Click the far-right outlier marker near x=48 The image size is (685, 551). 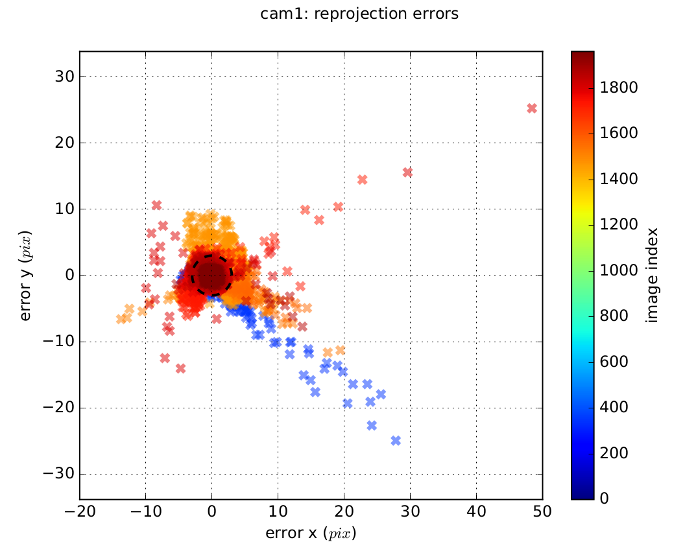[x=532, y=108]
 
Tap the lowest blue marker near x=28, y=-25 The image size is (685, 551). [x=396, y=441]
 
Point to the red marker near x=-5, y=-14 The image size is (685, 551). [x=180, y=368]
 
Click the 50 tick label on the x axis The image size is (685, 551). [x=542, y=511]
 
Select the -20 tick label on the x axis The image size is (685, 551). [x=77, y=511]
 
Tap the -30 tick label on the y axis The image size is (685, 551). [x=56, y=474]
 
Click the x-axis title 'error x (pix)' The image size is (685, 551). [x=311, y=533]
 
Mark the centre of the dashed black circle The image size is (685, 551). [x=211, y=275]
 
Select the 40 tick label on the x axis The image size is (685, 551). [x=476, y=511]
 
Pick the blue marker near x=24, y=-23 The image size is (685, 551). [x=372, y=425]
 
